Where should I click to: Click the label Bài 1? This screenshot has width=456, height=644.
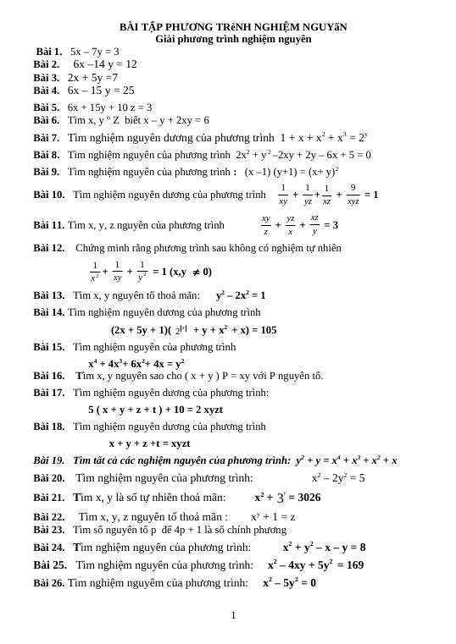coord(48,52)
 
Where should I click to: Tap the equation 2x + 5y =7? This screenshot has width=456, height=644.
coord(93,78)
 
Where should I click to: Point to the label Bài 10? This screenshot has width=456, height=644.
coord(49,195)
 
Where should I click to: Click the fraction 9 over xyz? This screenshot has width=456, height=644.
coord(353,195)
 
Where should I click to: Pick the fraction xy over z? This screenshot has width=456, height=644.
coord(265,224)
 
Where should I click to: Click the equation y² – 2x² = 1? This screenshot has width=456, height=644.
coord(241,295)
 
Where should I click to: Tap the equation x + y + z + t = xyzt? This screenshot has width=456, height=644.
coord(149,443)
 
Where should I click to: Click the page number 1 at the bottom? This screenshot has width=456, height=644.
coord(233,615)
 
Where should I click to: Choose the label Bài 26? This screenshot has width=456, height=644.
coord(49,582)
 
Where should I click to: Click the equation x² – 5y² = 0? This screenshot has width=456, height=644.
coord(289,582)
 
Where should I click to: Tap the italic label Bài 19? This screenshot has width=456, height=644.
coord(49,460)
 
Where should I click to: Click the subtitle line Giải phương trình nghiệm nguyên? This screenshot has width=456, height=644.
coord(233,39)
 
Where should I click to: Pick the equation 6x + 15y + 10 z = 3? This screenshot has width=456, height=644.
coord(110,107)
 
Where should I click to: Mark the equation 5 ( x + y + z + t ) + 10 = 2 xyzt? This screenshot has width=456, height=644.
coord(155,410)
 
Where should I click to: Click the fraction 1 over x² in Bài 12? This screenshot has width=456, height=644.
coord(95,272)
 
